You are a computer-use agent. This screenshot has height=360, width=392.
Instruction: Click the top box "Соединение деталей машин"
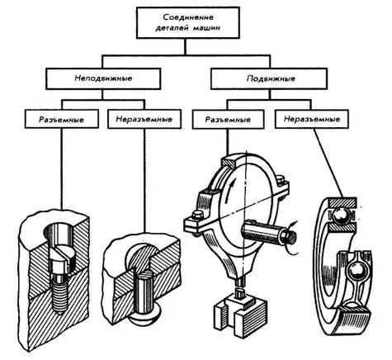click(x=188, y=22)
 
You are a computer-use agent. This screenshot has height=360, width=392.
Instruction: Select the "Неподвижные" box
click(x=103, y=78)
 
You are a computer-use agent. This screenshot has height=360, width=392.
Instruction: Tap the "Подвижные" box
click(x=269, y=78)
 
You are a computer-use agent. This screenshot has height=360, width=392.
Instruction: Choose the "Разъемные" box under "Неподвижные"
click(x=61, y=119)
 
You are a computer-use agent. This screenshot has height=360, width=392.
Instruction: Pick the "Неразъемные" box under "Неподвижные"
click(x=144, y=119)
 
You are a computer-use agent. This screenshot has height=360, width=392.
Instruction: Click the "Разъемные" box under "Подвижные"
click(x=229, y=119)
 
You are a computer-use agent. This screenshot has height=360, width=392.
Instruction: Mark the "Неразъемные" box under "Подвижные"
click(x=312, y=119)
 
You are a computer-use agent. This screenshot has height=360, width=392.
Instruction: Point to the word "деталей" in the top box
click(x=171, y=28)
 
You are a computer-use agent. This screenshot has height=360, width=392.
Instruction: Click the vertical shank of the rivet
click(x=145, y=292)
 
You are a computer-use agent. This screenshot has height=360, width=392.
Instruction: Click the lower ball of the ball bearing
click(x=356, y=272)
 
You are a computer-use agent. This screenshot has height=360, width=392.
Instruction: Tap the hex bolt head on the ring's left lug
click(x=196, y=215)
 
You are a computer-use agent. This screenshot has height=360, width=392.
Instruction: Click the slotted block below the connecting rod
click(x=241, y=312)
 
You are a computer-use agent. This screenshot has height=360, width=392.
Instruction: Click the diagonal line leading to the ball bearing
click(x=328, y=163)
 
